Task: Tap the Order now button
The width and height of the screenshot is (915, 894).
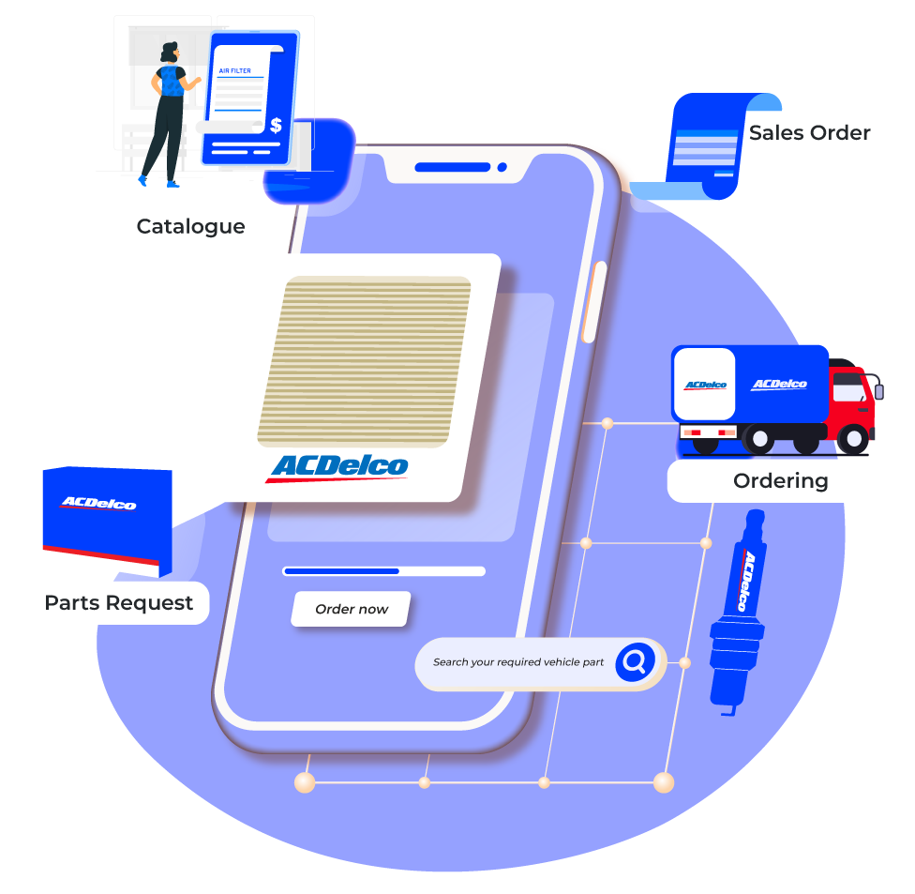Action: pyautogui.click(x=352, y=609)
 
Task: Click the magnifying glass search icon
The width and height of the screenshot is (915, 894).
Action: pyautogui.click(x=635, y=662)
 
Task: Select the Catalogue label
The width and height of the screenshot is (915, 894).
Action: pyautogui.click(x=190, y=226)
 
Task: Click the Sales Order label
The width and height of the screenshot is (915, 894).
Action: pyautogui.click(x=810, y=133)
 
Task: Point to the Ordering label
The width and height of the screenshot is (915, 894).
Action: pyautogui.click(x=780, y=480)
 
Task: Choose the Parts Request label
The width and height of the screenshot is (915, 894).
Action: pyautogui.click(x=118, y=603)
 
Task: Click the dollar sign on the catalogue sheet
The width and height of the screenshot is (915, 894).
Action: pyautogui.click(x=276, y=125)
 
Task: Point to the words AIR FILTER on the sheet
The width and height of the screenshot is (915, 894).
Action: pyautogui.click(x=234, y=70)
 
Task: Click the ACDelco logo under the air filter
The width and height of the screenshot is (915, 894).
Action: pyautogui.click(x=338, y=466)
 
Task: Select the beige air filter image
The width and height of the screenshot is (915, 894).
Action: pyautogui.click(x=364, y=359)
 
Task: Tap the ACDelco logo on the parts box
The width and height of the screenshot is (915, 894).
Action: pyautogui.click(x=98, y=504)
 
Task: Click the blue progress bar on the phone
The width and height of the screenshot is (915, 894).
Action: pyautogui.click(x=341, y=570)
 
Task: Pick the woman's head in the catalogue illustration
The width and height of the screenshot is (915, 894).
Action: pyautogui.click(x=169, y=53)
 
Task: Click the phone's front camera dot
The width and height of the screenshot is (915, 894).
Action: pyautogui.click(x=502, y=167)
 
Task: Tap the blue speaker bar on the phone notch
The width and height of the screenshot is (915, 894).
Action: pyautogui.click(x=452, y=167)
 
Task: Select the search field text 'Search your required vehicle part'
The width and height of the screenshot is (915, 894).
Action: pyautogui.click(x=517, y=662)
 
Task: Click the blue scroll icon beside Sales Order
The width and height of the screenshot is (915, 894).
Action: pyautogui.click(x=712, y=145)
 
